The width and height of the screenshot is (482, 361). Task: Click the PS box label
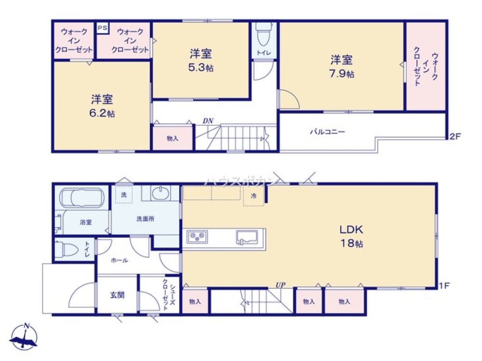[x=102, y=28]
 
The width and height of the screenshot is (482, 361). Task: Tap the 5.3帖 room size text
[x=201, y=68]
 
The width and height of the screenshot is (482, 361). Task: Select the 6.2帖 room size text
[x=102, y=113]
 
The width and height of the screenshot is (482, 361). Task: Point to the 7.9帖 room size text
[x=342, y=74]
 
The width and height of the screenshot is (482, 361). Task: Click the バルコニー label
[x=327, y=132]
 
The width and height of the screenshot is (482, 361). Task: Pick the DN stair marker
[x=208, y=121]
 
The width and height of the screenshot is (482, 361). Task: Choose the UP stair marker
[x=281, y=285]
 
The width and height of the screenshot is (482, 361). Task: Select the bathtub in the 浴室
[x=82, y=197]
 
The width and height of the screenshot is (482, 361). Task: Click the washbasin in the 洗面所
[x=161, y=193]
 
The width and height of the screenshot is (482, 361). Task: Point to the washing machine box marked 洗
[x=124, y=194]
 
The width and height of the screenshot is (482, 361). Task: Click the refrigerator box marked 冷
[x=254, y=195]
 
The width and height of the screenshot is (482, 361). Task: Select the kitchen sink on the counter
[x=247, y=237]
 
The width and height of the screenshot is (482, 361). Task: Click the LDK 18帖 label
[x=351, y=236]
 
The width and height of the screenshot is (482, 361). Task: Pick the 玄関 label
[x=118, y=296]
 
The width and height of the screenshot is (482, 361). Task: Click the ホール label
[x=119, y=260]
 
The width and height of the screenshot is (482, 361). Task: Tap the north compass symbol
[x=24, y=336]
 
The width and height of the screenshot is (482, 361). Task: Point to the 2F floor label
[x=455, y=136]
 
